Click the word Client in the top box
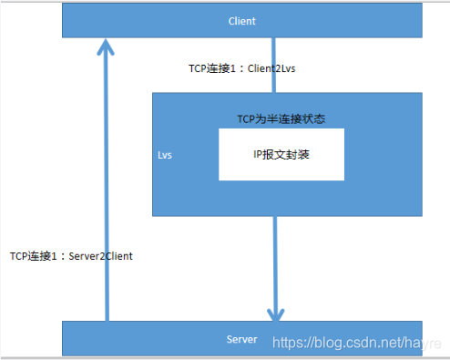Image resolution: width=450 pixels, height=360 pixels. [241, 20]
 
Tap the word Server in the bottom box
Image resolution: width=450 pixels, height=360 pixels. [241, 339]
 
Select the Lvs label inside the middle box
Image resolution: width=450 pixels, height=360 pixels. [165, 156]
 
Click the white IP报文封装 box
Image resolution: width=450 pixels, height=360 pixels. [281, 153]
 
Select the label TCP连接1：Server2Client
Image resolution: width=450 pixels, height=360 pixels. [71, 256]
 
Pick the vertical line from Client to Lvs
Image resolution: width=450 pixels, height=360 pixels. [275, 64]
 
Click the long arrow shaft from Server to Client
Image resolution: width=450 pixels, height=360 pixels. [107, 182]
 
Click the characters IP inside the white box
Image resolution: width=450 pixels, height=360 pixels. [257, 153]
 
